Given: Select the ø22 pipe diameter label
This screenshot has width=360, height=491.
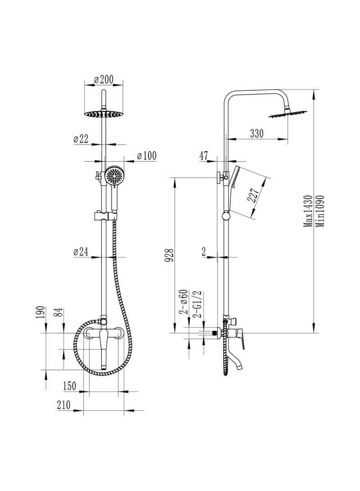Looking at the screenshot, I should coord(81,140).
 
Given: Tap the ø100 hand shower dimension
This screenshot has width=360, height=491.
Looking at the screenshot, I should coord(145,156).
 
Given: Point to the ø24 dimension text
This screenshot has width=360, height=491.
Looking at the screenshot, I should coord(81,252).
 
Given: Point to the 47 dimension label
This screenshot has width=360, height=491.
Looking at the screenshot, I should coord(203,156).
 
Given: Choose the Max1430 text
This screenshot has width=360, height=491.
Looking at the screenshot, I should coord(308,212).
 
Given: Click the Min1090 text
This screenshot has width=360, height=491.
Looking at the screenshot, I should coord(320,212).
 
